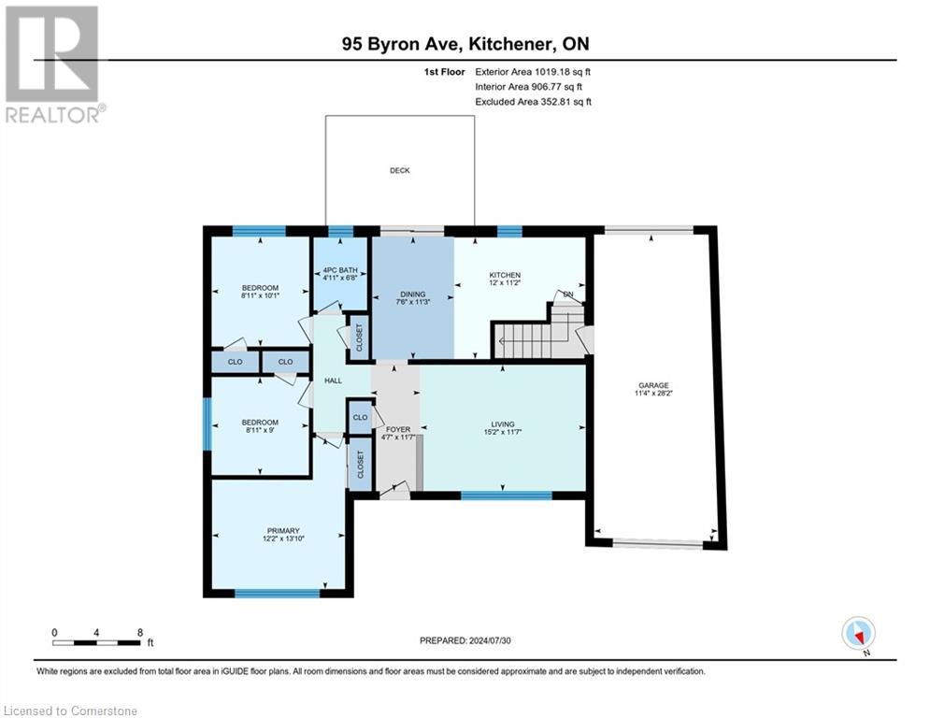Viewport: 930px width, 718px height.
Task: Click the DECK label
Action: pos(400,170)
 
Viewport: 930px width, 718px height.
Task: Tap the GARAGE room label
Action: pos(653,385)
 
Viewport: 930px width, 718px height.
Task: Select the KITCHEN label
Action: pos(505,275)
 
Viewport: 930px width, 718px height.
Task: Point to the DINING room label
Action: pos(413,294)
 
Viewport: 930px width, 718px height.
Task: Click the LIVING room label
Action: pos(502,424)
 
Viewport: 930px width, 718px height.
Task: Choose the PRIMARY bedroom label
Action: pos(283,530)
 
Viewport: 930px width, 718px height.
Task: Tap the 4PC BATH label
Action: pos(340,270)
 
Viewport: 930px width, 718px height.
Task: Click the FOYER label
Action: pos(398,429)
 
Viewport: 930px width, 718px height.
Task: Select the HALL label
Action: pos(334,381)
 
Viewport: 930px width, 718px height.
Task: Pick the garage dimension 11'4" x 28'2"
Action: pos(653,393)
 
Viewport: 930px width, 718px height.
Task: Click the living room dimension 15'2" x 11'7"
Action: pos(502,432)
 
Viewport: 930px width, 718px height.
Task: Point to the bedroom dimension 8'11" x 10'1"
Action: pos(261,294)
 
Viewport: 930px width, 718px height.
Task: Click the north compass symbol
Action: pos(858,633)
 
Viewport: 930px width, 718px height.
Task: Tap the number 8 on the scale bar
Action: pos(140,633)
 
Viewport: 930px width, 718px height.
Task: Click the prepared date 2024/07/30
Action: pos(490,640)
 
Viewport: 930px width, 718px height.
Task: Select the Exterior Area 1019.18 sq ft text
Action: pos(533,72)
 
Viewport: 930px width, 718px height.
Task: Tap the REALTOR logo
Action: pos(52,65)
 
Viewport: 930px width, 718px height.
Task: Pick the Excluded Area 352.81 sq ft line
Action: pos(533,102)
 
